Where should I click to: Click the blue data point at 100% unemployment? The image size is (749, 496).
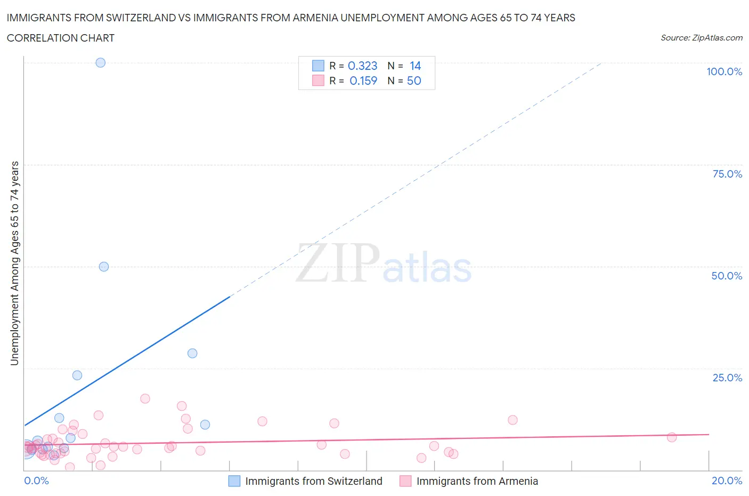(100, 62)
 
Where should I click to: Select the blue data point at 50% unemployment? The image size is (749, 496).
(104, 267)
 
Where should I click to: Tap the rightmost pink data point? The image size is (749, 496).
(672, 437)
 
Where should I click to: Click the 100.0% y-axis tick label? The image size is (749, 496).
(724, 71)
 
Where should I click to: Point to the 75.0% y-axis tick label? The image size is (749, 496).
(727, 174)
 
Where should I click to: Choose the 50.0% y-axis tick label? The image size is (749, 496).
(727, 276)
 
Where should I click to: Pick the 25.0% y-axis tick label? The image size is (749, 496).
(727, 378)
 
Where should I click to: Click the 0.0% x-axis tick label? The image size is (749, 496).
(36, 481)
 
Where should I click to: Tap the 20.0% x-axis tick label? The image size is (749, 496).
(727, 481)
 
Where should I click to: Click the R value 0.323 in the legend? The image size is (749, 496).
(362, 66)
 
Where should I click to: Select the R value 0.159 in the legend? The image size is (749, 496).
(363, 81)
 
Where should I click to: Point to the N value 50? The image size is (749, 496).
(414, 81)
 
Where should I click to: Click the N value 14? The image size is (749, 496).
(415, 66)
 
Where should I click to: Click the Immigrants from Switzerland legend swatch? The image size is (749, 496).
(234, 481)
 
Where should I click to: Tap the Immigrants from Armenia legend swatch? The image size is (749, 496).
(405, 481)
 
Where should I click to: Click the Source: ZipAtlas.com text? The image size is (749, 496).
(701, 37)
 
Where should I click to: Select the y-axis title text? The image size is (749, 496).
(14, 263)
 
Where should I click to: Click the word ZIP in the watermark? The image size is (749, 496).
(338, 263)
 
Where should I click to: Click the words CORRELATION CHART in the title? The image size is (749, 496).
(61, 38)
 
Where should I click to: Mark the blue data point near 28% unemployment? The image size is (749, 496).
(192, 353)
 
